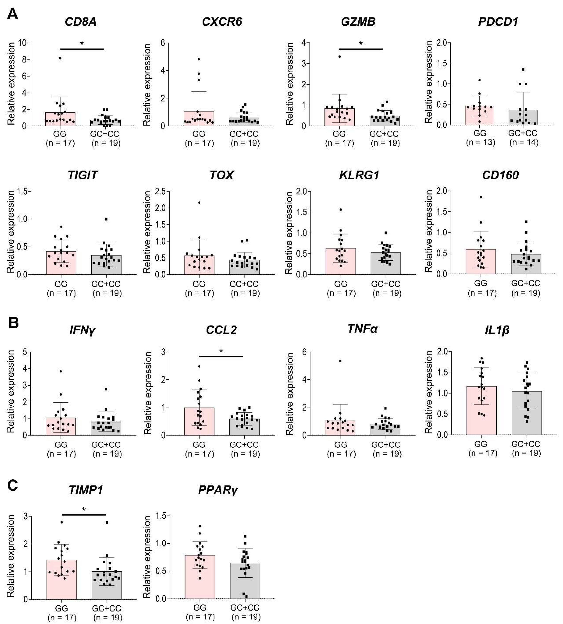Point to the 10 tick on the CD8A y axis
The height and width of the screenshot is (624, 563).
[x=22, y=43]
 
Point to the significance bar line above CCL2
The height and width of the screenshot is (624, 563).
[x=221, y=356]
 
